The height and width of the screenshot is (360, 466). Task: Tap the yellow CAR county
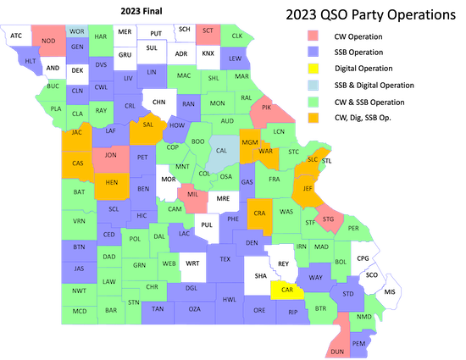click(287, 290)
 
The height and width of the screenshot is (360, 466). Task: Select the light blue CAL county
click(221, 151)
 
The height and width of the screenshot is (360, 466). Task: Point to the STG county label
click(329, 219)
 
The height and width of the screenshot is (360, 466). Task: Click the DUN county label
click(337, 351)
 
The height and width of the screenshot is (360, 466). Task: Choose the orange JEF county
click(308, 189)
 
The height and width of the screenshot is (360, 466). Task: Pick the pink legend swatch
click(313, 35)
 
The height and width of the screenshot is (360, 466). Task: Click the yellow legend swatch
click(313, 69)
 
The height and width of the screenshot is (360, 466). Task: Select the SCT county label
click(208, 30)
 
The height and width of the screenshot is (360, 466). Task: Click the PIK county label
click(266, 108)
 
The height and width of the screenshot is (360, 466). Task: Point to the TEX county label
click(225, 259)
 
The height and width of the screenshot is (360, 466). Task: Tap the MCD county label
click(79, 311)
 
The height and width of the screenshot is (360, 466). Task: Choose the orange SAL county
click(147, 125)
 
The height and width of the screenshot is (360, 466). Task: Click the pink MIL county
click(192, 195)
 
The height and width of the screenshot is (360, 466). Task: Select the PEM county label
click(358, 344)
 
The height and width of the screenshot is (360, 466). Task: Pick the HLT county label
click(30, 61)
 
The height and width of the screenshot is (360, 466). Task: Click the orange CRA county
click(258, 213)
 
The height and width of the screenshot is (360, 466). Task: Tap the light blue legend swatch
click(313, 86)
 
